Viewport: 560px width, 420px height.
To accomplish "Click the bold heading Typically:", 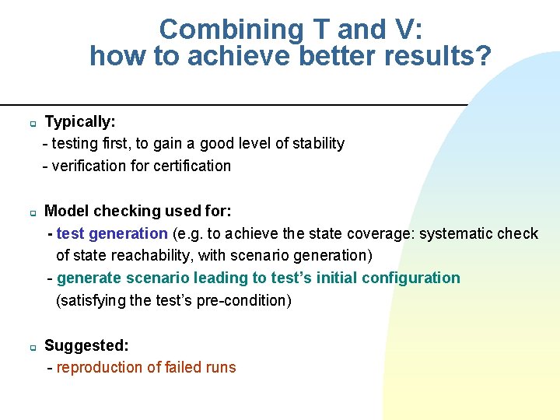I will tap(80, 121).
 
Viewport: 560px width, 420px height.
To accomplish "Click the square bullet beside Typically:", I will tap(33, 123).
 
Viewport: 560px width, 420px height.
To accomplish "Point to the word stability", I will tap(318, 143).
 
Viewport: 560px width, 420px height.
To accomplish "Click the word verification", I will tap(88, 166).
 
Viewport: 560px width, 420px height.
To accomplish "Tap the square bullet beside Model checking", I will tap(33, 212).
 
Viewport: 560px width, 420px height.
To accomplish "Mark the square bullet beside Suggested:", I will tap(33, 347).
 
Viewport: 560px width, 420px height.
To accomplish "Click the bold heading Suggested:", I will tap(87, 345).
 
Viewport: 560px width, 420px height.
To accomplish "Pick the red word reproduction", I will tap(100, 367).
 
